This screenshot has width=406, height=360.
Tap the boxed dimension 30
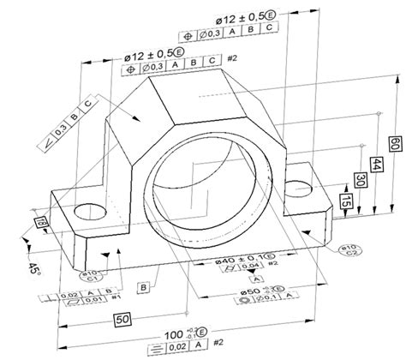(360, 182)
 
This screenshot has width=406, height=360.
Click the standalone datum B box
(145, 285)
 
